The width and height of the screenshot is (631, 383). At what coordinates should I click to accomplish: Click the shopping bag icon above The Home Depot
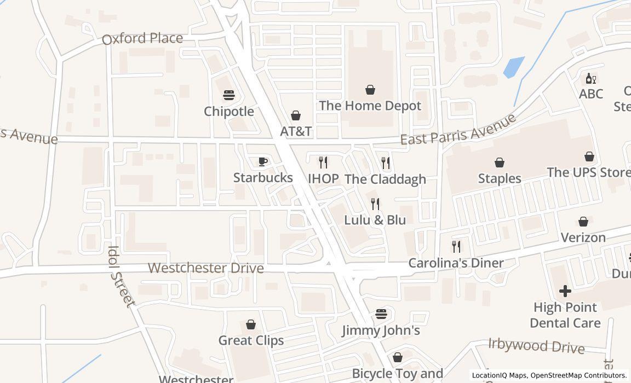pyautogui.click(x=370, y=90)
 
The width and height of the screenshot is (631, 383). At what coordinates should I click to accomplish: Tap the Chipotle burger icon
pyautogui.click(x=229, y=95)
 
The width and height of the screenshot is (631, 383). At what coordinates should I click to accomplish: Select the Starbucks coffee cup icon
pyautogui.click(x=263, y=161)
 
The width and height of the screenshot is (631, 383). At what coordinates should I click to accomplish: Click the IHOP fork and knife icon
pyautogui.click(x=323, y=162)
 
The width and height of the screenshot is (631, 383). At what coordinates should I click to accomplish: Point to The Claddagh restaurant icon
pyautogui.click(x=386, y=163)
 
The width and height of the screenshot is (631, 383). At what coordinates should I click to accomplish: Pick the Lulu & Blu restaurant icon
pyautogui.click(x=375, y=204)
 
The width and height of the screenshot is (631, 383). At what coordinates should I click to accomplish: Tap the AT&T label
pyautogui.click(x=296, y=131)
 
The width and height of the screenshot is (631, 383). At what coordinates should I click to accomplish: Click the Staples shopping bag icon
pyautogui.click(x=500, y=163)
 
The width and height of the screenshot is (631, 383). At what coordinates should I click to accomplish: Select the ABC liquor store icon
pyautogui.click(x=591, y=78)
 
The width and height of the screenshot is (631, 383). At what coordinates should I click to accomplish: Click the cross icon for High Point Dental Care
pyautogui.click(x=565, y=291)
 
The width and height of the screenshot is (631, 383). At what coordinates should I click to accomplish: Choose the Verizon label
pyautogui.click(x=583, y=237)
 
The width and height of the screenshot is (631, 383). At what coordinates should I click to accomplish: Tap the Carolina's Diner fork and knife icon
pyautogui.click(x=456, y=246)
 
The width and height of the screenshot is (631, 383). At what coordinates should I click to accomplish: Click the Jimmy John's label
pyautogui.click(x=381, y=330)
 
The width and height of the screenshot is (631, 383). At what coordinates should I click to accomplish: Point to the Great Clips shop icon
pyautogui.click(x=251, y=324)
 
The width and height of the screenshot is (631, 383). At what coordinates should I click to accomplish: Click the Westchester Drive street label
pyautogui.click(x=206, y=268)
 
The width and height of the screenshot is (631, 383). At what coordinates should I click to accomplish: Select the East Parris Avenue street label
pyautogui.click(x=458, y=130)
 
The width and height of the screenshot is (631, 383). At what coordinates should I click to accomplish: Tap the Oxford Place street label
pyautogui.click(x=142, y=38)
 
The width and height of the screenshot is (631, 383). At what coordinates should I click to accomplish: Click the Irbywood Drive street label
pyautogui.click(x=536, y=346)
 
